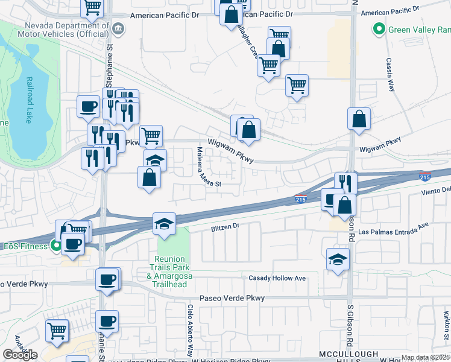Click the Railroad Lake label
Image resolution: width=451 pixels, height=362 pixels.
pos(28,100)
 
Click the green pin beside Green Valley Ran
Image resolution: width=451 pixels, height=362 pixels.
pos(379,28)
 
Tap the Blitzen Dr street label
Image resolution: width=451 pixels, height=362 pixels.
pos(225,227)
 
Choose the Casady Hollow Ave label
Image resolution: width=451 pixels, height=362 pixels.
pos(277,278)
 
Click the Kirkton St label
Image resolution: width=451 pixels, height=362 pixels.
pos(447,325)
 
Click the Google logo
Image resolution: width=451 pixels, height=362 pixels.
pos(20,355)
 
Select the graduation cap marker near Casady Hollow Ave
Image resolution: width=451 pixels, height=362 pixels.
pos(338,259)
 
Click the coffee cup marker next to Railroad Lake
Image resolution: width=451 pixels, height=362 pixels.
pos(88,106)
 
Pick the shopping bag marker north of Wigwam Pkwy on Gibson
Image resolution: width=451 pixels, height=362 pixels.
pos(359,118)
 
